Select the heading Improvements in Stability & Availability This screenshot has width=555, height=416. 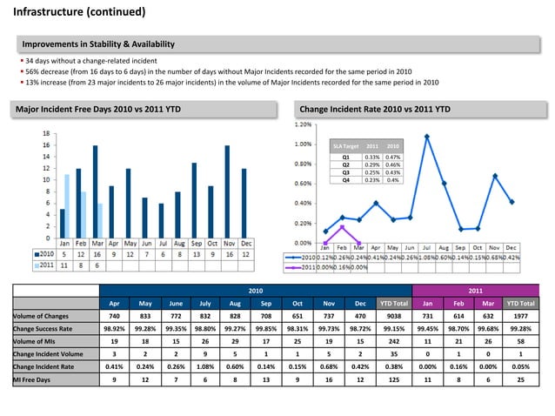98,44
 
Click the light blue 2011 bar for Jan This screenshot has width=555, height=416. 67,205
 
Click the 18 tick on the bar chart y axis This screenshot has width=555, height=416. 45,133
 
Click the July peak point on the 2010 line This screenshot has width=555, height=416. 427,137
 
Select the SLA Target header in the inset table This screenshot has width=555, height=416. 345,146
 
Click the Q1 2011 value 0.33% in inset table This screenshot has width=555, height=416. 372,157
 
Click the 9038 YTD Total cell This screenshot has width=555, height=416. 393,315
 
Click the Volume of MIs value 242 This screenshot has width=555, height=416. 393,348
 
